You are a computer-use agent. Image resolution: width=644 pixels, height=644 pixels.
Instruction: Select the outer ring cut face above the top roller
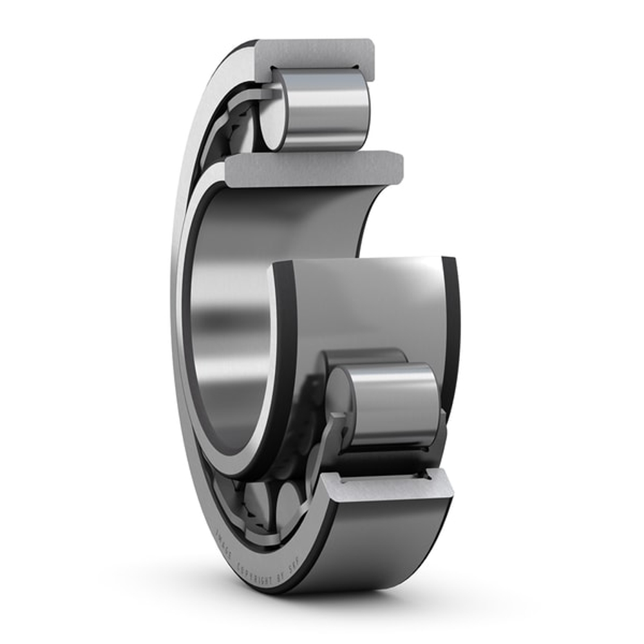[x=316, y=52]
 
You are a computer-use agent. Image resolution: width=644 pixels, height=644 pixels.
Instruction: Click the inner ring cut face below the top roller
[x=316, y=169]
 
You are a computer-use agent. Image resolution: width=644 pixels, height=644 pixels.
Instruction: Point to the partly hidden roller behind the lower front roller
[x=364, y=356]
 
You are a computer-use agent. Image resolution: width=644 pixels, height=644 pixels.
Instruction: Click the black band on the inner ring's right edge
[x=451, y=322]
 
